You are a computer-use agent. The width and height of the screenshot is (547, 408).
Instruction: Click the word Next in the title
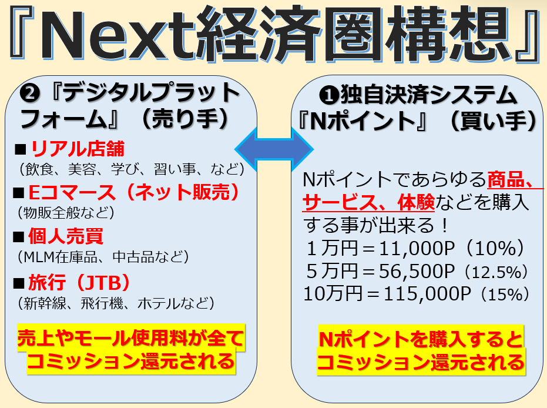click(x=117, y=35)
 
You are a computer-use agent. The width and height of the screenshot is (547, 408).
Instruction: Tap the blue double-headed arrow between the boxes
click(x=274, y=149)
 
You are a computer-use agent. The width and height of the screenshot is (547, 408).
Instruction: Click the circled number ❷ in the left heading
click(x=30, y=93)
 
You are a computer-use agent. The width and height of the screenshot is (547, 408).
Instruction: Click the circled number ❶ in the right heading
click(x=329, y=95)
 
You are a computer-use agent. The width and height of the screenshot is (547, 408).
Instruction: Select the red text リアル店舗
click(x=78, y=149)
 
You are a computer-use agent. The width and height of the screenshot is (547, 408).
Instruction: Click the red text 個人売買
click(x=66, y=236)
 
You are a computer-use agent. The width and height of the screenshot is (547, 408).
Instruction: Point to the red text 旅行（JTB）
click(x=79, y=282)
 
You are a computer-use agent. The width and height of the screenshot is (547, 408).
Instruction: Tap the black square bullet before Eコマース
click(x=19, y=193)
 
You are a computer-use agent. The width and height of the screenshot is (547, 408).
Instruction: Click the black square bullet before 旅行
click(x=19, y=283)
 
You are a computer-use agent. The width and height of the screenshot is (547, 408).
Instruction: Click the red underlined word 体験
click(x=416, y=202)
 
